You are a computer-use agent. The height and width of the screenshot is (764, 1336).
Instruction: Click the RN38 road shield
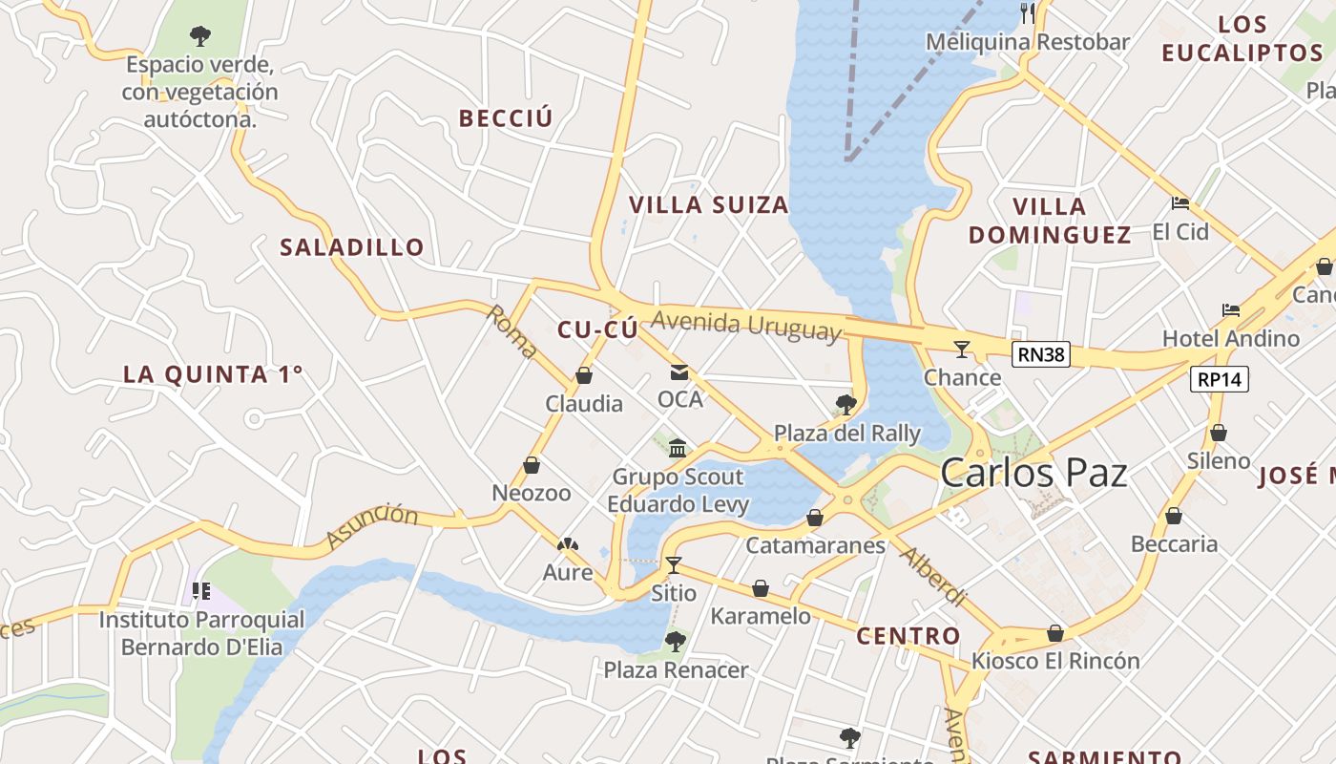pyautogui.click(x=1041, y=355)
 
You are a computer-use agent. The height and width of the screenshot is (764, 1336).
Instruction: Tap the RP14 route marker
pyautogui.click(x=1220, y=379)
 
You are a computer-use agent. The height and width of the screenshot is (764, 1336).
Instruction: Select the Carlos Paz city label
pyautogui.click(x=1033, y=473)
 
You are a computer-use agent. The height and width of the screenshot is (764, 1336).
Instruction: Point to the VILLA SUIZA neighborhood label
pyautogui.click(x=709, y=204)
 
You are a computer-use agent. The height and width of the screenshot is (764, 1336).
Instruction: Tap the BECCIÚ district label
pyautogui.click(x=506, y=118)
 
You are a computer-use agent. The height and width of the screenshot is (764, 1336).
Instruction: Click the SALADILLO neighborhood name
pyautogui.click(x=352, y=247)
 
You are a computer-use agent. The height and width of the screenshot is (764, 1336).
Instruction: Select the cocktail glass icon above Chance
pyautogui.click(x=962, y=350)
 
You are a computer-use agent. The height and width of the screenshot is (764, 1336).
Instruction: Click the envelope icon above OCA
pyautogui.click(x=679, y=372)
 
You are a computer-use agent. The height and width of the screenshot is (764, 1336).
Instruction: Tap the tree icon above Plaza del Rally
pyautogui.click(x=845, y=405)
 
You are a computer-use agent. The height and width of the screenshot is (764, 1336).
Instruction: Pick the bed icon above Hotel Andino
pyautogui.click(x=1231, y=310)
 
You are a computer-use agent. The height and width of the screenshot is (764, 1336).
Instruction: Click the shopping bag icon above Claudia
pyautogui.click(x=584, y=376)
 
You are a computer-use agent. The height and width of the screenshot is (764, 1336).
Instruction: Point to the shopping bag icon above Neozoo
pyautogui.click(x=532, y=466)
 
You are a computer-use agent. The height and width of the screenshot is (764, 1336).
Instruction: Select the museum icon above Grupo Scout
pyautogui.click(x=678, y=448)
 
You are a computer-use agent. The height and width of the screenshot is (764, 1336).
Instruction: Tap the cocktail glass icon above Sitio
pyautogui.click(x=674, y=565)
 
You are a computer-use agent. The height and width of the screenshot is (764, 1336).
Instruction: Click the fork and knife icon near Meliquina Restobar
pyautogui.click(x=1028, y=12)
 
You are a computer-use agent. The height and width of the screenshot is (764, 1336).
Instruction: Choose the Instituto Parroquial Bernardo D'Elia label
pyautogui.click(x=201, y=632)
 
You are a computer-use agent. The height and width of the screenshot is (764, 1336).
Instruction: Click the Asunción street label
pyautogui.click(x=371, y=526)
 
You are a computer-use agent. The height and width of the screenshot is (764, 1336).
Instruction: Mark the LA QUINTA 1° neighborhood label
pyautogui.click(x=213, y=374)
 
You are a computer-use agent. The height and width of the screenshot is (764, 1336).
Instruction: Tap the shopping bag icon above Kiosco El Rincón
pyautogui.click(x=1055, y=633)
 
